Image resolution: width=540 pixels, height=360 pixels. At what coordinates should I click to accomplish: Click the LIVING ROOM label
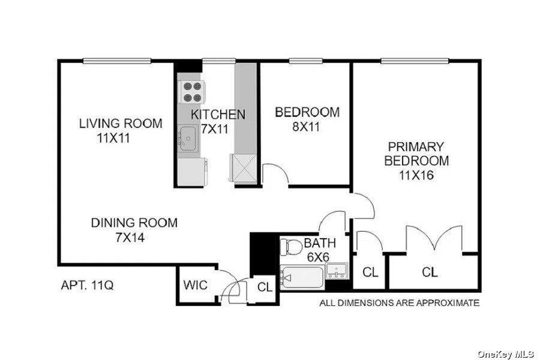(x=121, y=124)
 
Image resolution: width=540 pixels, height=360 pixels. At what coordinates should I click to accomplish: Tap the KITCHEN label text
(x=218, y=114)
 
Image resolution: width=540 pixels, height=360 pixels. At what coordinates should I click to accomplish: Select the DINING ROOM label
(x=134, y=223)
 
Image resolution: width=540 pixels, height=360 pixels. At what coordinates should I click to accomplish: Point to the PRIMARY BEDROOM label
(x=416, y=154)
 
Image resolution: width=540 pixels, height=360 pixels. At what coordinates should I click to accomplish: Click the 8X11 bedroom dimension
(x=307, y=127)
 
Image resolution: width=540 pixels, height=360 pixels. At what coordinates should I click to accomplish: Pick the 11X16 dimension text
(x=416, y=176)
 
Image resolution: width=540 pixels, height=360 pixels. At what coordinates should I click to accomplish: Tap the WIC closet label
(x=196, y=284)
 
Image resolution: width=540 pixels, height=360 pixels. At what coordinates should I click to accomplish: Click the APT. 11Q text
(x=87, y=285)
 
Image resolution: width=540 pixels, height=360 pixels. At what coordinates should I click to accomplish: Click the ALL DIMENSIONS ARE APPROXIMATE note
(x=399, y=303)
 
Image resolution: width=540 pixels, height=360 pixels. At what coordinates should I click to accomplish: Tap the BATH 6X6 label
(x=319, y=250)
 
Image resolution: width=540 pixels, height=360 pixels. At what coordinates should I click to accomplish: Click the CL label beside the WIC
(x=265, y=287)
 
